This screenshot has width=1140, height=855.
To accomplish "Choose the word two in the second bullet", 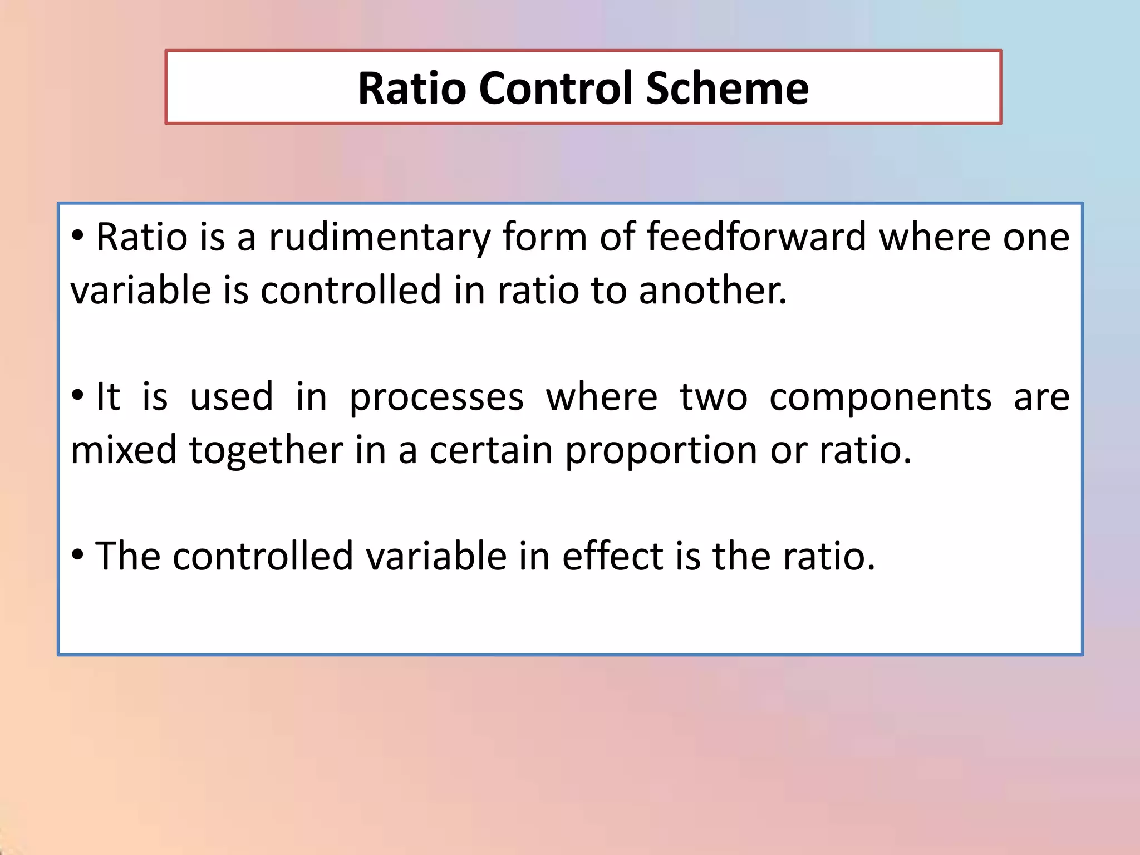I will pos(713,397).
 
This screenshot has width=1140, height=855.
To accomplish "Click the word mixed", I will pos(124,450).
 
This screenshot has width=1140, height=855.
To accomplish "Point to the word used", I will pos(232,397).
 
